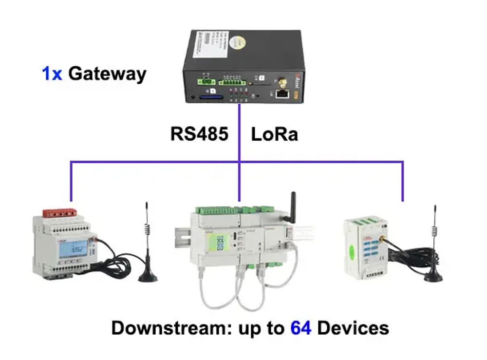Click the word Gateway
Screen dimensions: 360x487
pyautogui.click(x=107, y=74)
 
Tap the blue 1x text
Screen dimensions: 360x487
pyautogui.click(x=52, y=74)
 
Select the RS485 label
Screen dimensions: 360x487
pyautogui.click(x=199, y=134)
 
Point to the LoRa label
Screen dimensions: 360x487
pyautogui.click(x=274, y=134)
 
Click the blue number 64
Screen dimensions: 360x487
pyautogui.click(x=301, y=328)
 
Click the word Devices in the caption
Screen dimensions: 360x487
pyautogui.click(x=353, y=328)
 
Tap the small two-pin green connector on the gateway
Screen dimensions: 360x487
pyautogui.click(x=206, y=82)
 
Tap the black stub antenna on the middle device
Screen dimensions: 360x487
pyautogui.click(x=294, y=204)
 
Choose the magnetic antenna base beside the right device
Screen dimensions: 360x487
pyautogui.click(x=433, y=276)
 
